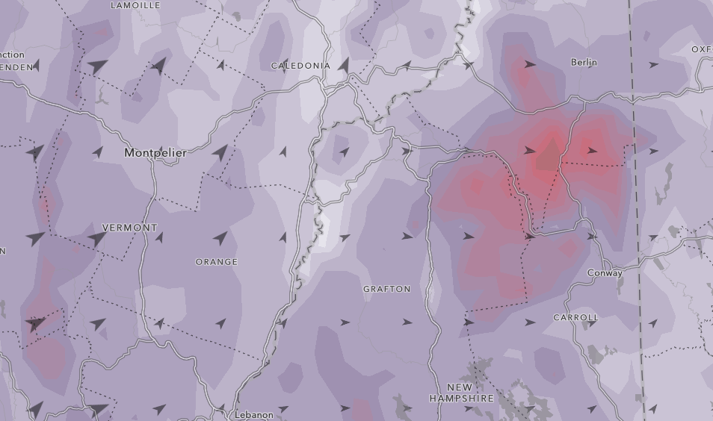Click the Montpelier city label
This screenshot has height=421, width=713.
155,152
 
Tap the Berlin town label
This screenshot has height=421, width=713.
584,62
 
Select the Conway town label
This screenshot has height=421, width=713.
605,273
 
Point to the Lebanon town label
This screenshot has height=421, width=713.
254,414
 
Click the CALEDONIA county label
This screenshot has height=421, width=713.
300,66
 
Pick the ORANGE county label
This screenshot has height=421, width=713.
216,262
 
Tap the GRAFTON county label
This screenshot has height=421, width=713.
386,289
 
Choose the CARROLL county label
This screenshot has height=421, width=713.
575,317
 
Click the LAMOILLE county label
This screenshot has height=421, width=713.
135,5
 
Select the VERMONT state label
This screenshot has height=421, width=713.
129,228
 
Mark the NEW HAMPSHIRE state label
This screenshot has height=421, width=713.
461,393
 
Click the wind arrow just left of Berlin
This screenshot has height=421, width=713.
530,65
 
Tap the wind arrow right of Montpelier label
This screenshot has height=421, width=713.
220,153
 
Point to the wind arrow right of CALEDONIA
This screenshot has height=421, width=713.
344,66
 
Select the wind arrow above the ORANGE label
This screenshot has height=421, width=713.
220,239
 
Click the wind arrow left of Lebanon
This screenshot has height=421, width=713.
159,409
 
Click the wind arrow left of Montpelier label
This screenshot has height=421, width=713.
98,152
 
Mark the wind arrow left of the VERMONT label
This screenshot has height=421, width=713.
96,239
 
